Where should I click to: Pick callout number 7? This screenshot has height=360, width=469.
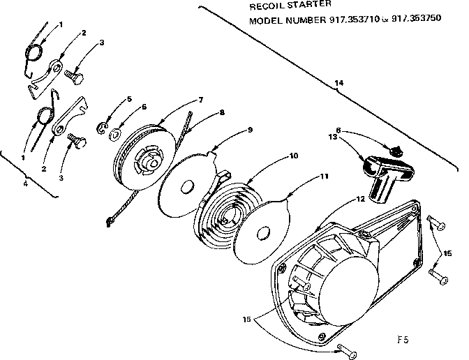pos(200,100)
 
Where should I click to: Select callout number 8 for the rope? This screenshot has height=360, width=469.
pos(221,112)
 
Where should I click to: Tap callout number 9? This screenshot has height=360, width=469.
pos(248,130)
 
